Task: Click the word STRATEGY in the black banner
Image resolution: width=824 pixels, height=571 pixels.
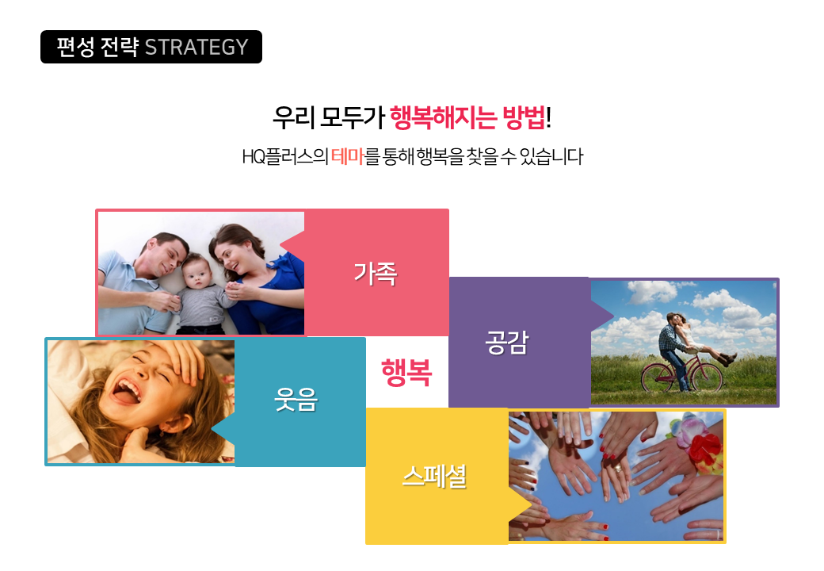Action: pyautogui.click(x=196, y=48)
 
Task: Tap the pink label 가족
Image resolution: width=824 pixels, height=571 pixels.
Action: pyautogui.click(x=376, y=274)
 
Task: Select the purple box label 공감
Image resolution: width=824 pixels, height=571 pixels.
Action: pyautogui.click(x=506, y=343)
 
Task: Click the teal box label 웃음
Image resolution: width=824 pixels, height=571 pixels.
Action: pyautogui.click(x=296, y=400)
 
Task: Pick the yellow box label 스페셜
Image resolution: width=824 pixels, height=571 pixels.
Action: pyautogui.click(x=435, y=477)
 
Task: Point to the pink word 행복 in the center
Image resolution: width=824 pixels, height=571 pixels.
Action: pyautogui.click(x=406, y=372)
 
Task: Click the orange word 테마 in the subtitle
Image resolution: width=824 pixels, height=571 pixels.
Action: pyautogui.click(x=347, y=157)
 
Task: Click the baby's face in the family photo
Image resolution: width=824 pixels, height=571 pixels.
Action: pyautogui.click(x=196, y=271)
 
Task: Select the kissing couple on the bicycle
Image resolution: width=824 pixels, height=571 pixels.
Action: pyautogui.click(x=689, y=347)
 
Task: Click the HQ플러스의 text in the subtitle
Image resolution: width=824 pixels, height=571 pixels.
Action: pyautogui.click(x=285, y=157)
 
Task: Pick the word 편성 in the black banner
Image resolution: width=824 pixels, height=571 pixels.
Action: pyautogui.click(x=75, y=48)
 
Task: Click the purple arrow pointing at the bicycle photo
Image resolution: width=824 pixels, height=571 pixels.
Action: pyautogui.click(x=601, y=316)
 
